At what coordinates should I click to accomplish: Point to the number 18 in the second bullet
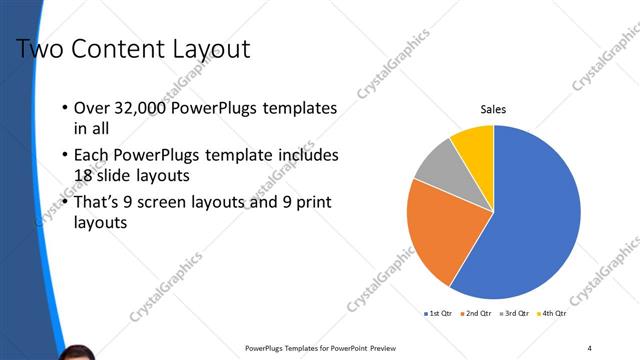click(85, 175)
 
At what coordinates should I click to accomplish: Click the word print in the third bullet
click(311, 203)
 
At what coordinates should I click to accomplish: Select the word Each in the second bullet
click(92, 156)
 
